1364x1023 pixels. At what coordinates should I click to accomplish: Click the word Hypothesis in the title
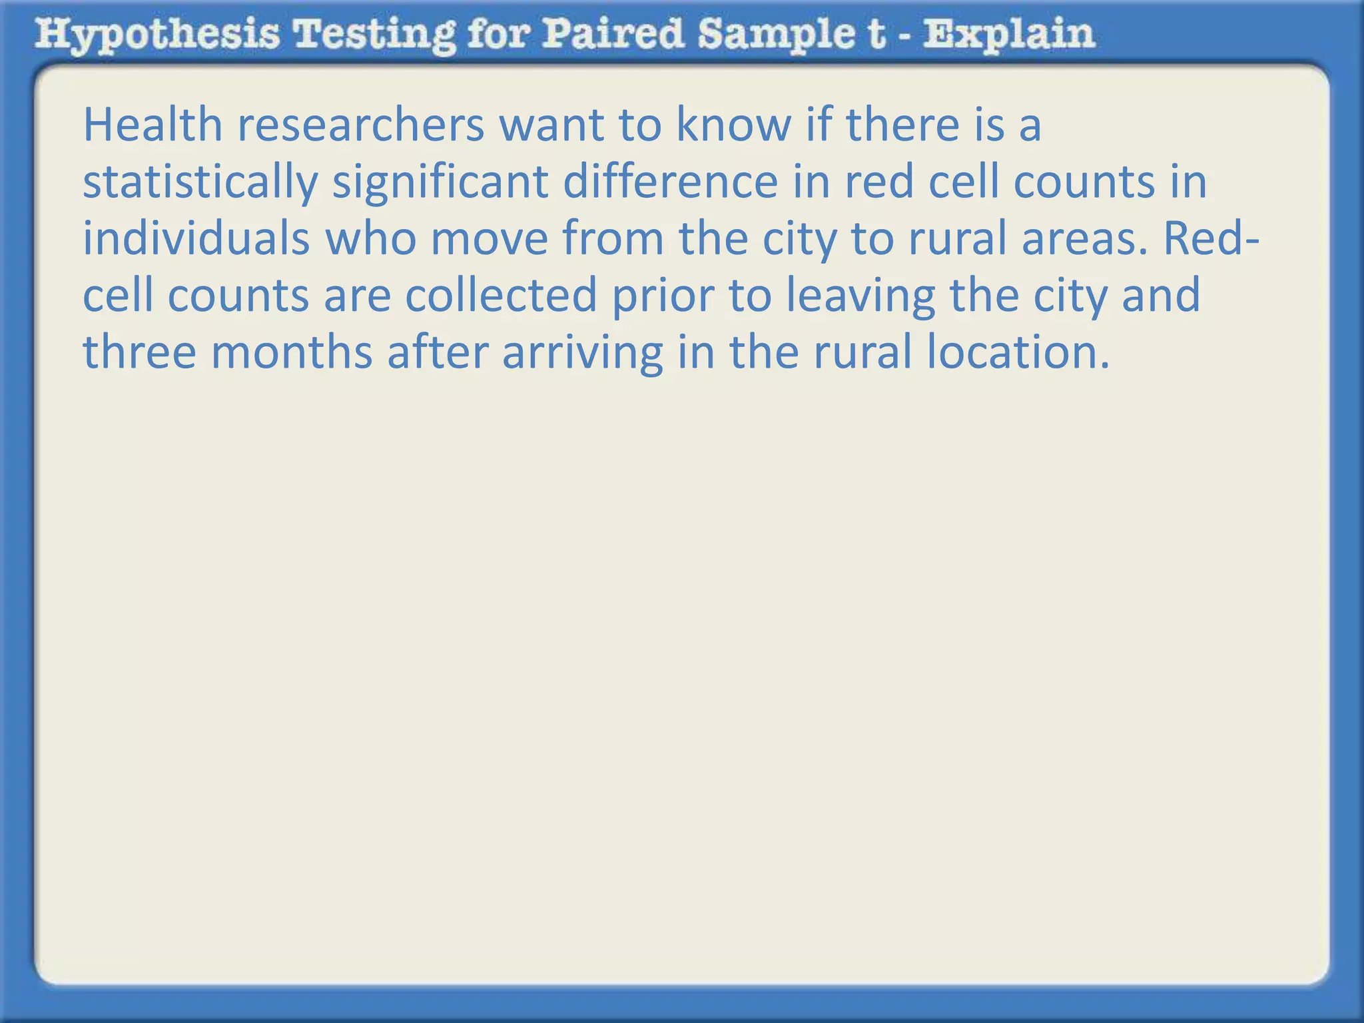point(157,35)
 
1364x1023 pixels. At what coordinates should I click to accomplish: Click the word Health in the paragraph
point(152,125)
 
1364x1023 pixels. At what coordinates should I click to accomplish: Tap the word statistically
point(199,182)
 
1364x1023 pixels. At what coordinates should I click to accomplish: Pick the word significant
point(440,182)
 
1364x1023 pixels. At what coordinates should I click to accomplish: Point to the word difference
point(670,182)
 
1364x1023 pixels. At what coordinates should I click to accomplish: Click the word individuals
point(196,238)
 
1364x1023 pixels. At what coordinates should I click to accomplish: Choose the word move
point(489,238)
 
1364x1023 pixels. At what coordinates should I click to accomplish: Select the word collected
point(500,295)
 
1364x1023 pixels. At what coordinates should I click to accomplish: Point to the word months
point(292,352)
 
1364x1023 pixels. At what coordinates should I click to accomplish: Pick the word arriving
point(582,352)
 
